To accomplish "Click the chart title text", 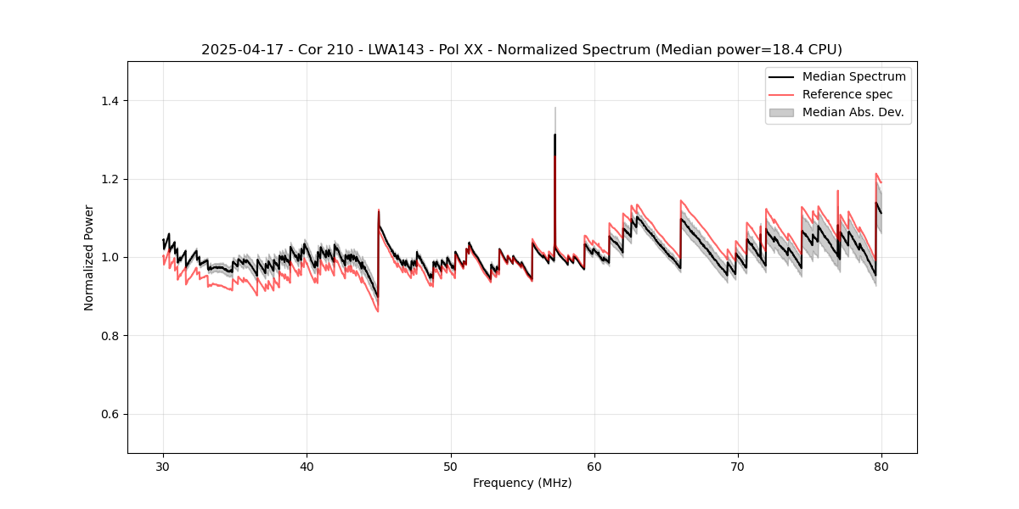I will [521, 50].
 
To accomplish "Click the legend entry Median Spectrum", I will [853, 76].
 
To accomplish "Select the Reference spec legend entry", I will [847, 94].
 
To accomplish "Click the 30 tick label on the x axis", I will [164, 467].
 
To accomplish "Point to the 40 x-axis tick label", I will [307, 467].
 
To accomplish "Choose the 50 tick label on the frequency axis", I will [451, 467].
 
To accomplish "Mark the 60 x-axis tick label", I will [594, 467].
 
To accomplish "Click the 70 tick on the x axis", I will [738, 467].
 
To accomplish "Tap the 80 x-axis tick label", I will [881, 467].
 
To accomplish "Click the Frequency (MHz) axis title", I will [522, 483].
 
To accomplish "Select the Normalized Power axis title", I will [89, 257].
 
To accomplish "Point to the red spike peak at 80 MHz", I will [876, 174].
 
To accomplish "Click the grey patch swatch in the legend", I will [781, 112].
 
